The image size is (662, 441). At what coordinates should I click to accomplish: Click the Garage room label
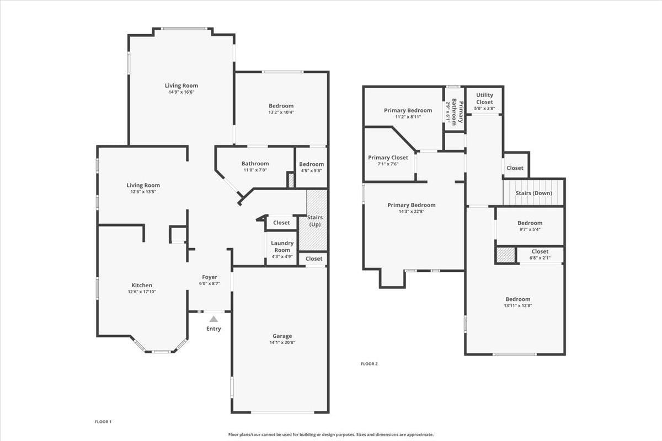(282, 336)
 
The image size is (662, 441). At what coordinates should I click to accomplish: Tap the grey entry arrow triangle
(213, 319)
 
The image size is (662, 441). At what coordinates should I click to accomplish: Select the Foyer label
(210, 277)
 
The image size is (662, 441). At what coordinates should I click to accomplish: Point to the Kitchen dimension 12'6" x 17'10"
(142, 292)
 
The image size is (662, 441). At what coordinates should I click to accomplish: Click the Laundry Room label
(282, 246)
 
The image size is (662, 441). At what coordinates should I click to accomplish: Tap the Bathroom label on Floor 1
(255, 163)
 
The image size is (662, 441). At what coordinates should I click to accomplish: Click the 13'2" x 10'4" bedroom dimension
(281, 112)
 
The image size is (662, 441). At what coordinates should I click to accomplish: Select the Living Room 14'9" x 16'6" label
(181, 85)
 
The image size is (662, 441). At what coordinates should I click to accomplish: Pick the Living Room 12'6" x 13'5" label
(143, 185)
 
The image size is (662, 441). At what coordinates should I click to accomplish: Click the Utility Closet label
(484, 98)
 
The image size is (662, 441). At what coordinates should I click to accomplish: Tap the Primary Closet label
(388, 158)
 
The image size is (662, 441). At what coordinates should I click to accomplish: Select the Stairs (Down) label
(533, 193)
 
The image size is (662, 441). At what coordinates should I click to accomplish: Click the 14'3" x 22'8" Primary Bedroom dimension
(411, 211)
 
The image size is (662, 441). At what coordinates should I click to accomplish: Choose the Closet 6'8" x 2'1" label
(540, 251)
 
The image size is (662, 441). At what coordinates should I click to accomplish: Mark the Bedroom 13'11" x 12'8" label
(517, 299)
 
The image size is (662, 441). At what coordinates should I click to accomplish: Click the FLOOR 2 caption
(369, 364)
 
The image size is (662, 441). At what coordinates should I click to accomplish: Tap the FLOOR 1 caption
(103, 422)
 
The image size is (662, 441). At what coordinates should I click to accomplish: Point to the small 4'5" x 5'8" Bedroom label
(311, 164)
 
